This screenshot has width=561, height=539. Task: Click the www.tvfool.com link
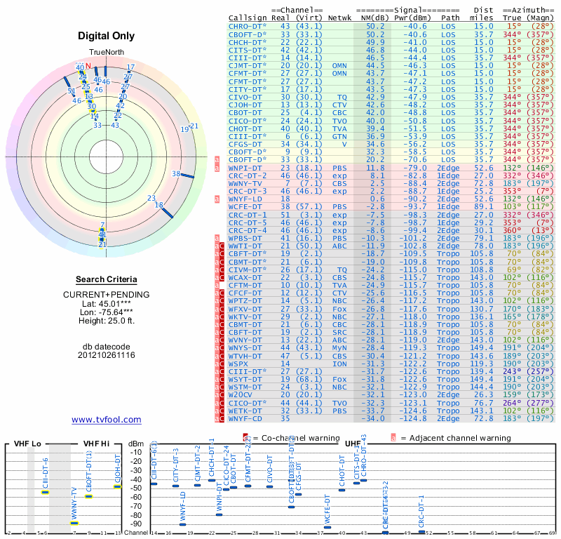pos(107,420)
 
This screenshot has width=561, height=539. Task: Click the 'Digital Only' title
pos(107,36)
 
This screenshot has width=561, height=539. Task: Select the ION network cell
pos(340,364)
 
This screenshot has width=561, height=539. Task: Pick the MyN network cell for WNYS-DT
pos(340,347)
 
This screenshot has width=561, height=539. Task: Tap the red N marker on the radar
pos(88,66)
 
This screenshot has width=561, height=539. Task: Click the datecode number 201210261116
pos(107,355)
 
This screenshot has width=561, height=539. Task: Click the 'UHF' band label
pos(353,444)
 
